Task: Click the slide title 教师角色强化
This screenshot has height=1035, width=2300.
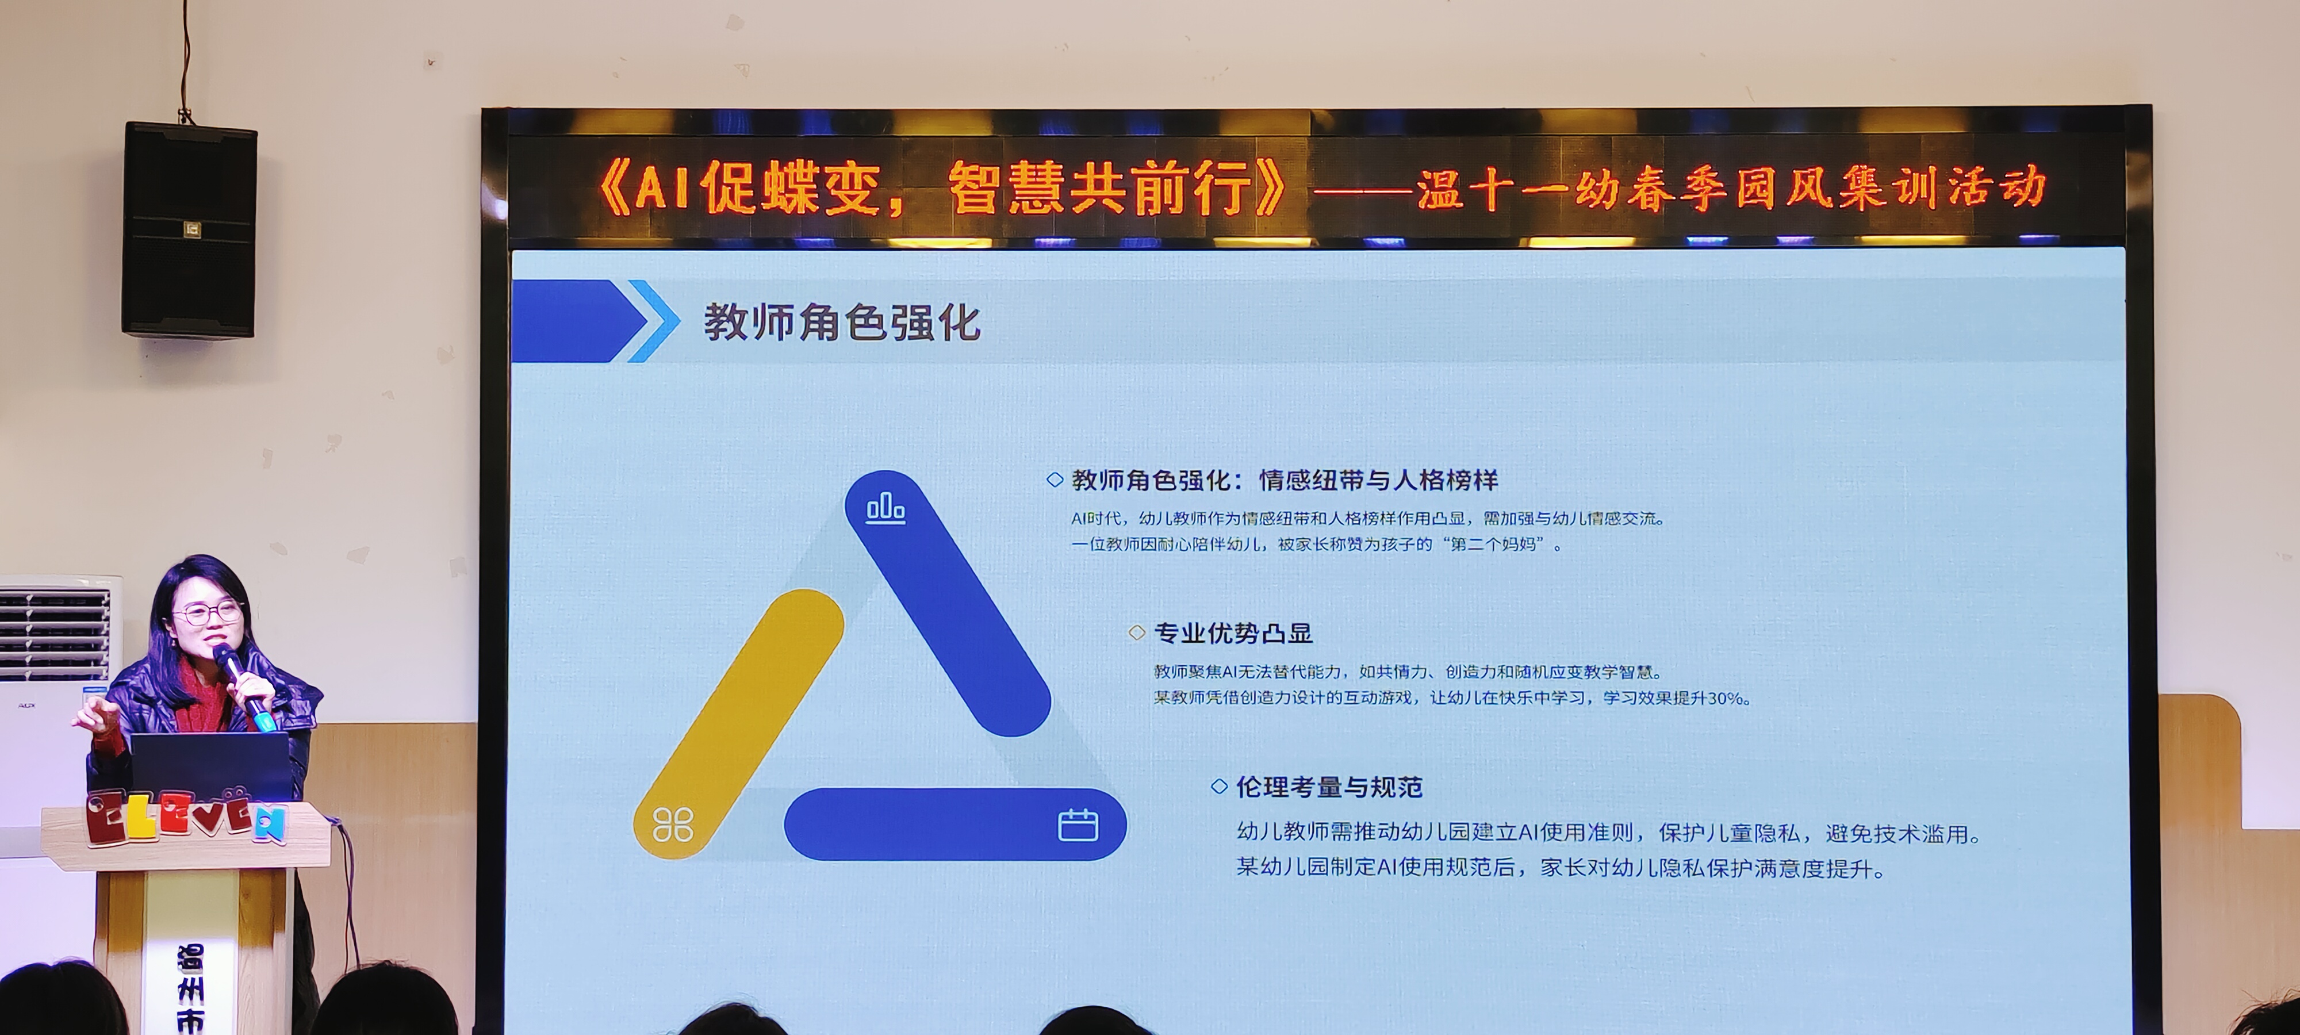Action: click(x=842, y=323)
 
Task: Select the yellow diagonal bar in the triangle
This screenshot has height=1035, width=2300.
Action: click(x=738, y=723)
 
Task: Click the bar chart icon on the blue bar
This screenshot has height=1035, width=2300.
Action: click(x=885, y=508)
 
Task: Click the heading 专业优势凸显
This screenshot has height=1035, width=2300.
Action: click(x=1233, y=633)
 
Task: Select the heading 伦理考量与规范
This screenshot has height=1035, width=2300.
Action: click(x=1329, y=787)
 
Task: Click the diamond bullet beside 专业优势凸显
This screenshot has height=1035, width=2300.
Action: click(x=1137, y=633)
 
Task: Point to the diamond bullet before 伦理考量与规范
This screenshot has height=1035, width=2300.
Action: click(x=1219, y=787)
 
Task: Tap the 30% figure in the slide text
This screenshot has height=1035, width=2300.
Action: click(x=1724, y=698)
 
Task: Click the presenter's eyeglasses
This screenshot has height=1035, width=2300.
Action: click(x=208, y=612)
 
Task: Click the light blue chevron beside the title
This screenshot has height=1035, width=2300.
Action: click(x=654, y=321)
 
